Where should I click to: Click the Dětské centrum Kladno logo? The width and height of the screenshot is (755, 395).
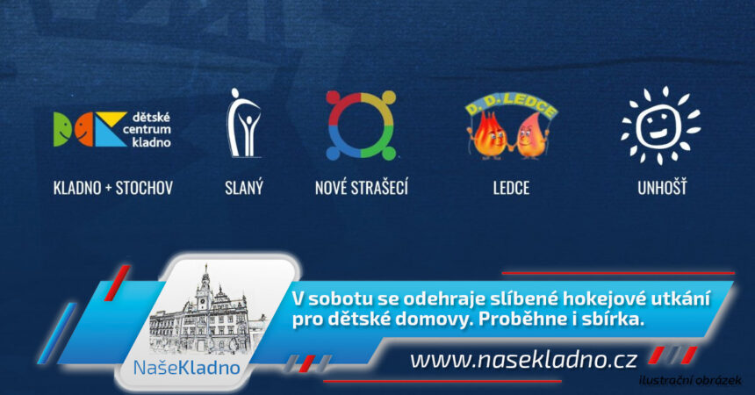tap(112, 130)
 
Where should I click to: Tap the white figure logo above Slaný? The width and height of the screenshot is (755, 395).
tap(244, 123)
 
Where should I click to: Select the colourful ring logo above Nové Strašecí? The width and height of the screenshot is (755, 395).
tap(361, 126)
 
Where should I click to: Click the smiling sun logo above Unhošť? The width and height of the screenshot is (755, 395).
tap(660, 126)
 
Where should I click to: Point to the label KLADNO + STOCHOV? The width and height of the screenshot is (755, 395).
tap(113, 188)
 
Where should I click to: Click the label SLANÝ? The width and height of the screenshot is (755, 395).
tap(244, 187)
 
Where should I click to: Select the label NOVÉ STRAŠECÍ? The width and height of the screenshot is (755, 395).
tap(362, 187)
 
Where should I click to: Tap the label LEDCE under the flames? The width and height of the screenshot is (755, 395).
tap(511, 188)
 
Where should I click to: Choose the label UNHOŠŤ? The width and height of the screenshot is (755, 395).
tap(663, 187)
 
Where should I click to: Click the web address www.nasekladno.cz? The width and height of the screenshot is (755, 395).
tap(524, 360)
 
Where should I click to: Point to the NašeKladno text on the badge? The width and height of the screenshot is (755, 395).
tap(186, 368)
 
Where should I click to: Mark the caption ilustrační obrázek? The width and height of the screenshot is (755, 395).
tap(691, 381)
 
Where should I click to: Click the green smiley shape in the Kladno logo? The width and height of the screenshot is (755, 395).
tap(62, 130)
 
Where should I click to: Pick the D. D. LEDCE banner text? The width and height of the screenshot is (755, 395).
tap(511, 105)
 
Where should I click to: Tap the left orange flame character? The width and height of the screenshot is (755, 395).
tap(488, 136)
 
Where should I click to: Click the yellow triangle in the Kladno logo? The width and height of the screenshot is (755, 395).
tap(112, 118)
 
